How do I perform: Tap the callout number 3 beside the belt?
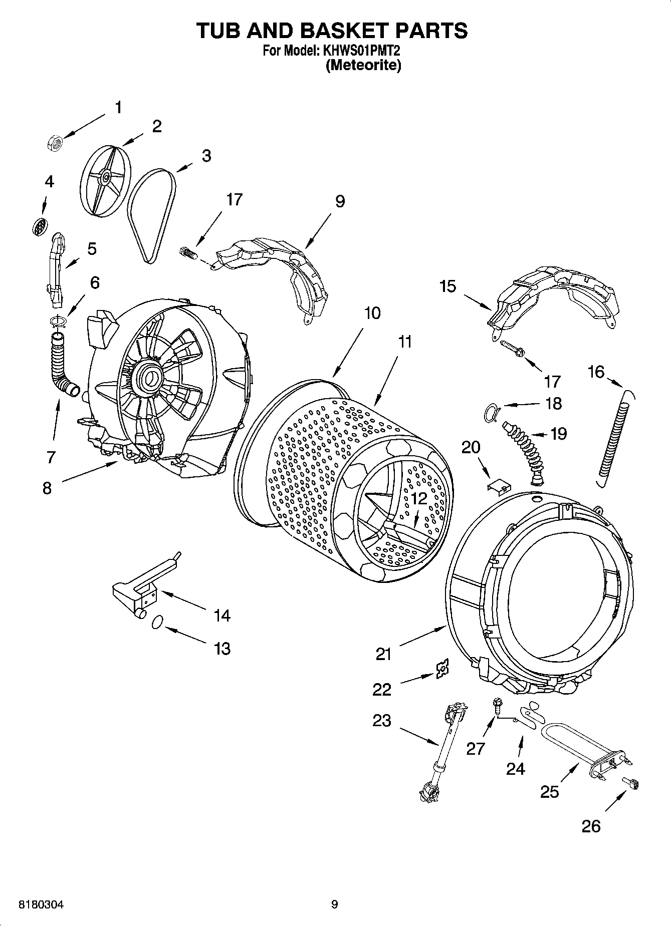pos(206,156)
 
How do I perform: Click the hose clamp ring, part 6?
pos(58,321)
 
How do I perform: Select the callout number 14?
pos(222,615)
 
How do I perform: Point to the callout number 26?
pos(591,826)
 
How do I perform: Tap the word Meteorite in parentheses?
pos(363,66)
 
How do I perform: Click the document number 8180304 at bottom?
pos(41,904)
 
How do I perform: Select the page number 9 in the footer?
pos(334,904)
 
